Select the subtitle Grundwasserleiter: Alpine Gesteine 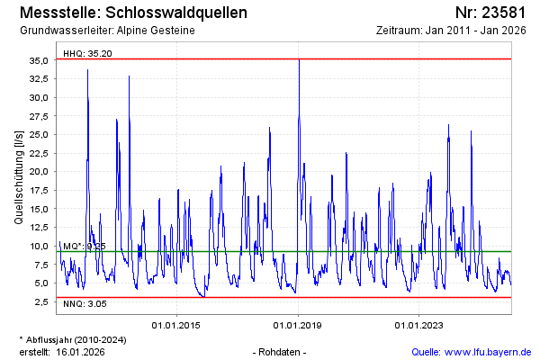(106, 31)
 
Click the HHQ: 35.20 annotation (87, 53)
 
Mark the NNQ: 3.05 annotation (85, 304)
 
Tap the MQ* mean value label (85, 246)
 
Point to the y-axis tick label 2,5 (40, 301)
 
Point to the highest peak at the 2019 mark (299, 61)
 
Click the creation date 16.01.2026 (81, 351)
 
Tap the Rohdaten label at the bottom (280, 351)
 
